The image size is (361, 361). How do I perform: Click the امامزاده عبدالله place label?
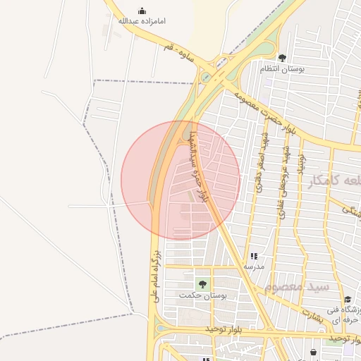coord(141,21)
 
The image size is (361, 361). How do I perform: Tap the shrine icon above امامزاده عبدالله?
coord(142,11)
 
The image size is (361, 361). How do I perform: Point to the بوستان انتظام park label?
coord(282,68)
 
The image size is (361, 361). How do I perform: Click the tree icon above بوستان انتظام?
coord(282,58)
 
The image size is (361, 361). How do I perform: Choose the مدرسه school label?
coord(254,267)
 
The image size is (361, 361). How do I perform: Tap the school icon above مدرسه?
coord(254,256)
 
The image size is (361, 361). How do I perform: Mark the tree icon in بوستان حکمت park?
coord(203,283)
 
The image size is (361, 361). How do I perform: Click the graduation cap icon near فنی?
coord(348,300)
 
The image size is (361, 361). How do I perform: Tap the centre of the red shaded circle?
coord(180,180)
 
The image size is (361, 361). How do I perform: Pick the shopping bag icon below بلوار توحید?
coord(313,351)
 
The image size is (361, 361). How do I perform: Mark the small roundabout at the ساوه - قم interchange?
coord(206,78)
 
